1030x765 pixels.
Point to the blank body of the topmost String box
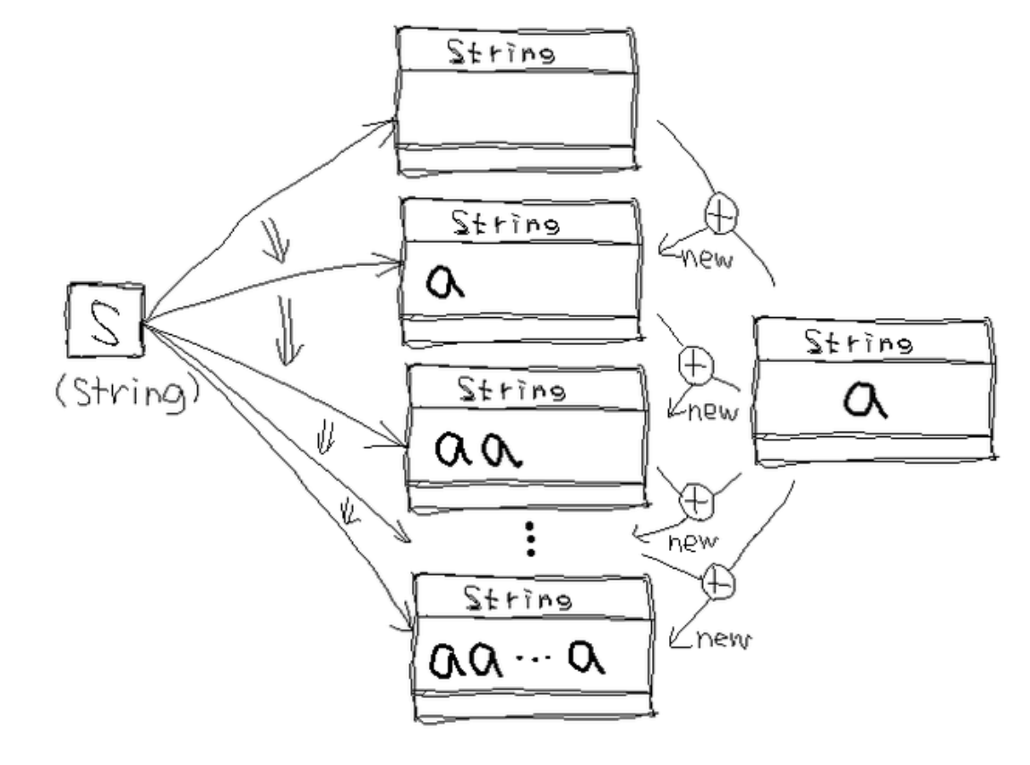coord(517,107)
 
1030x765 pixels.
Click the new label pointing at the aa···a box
coord(717,640)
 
